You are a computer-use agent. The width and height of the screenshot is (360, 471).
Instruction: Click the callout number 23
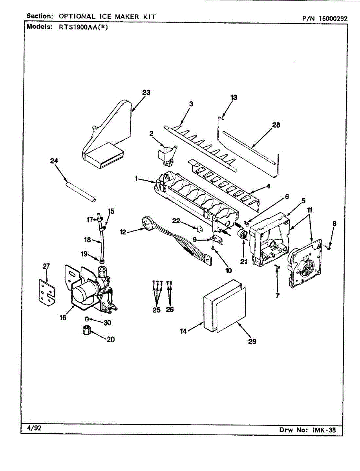click(146, 93)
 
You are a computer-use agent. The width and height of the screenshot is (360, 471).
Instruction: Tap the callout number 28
click(276, 125)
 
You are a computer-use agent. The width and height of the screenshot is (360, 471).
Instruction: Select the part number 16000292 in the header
click(333, 19)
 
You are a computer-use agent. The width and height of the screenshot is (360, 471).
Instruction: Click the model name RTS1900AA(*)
click(83, 27)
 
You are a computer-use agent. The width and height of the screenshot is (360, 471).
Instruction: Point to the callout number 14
click(183, 331)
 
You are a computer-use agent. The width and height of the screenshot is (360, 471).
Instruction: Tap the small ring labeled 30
click(87, 319)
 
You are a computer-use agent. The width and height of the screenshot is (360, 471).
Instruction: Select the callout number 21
click(244, 262)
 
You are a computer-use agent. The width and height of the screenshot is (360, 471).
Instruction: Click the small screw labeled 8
click(329, 248)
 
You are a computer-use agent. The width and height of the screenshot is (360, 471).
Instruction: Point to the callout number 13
click(234, 97)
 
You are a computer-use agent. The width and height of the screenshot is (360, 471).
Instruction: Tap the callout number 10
click(229, 271)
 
